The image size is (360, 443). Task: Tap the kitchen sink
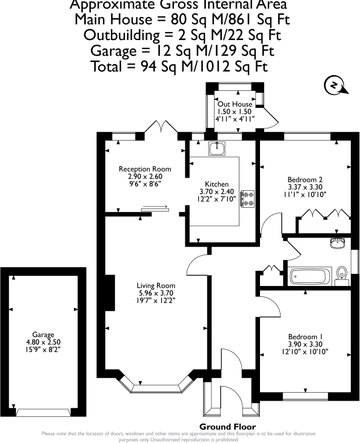pyautogui.click(x=218, y=148)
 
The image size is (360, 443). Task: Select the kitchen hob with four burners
pyautogui.click(x=248, y=198)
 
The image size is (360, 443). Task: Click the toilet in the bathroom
pyautogui.click(x=342, y=276)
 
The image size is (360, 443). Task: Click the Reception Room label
pyautogui.click(x=145, y=169)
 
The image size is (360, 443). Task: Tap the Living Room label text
pyautogui.click(x=156, y=285)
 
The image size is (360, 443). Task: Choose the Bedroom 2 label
pyautogui.click(x=304, y=180)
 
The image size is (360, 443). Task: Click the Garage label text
pyautogui.click(x=44, y=335)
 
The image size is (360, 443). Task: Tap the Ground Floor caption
pyautogui.click(x=223, y=426)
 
